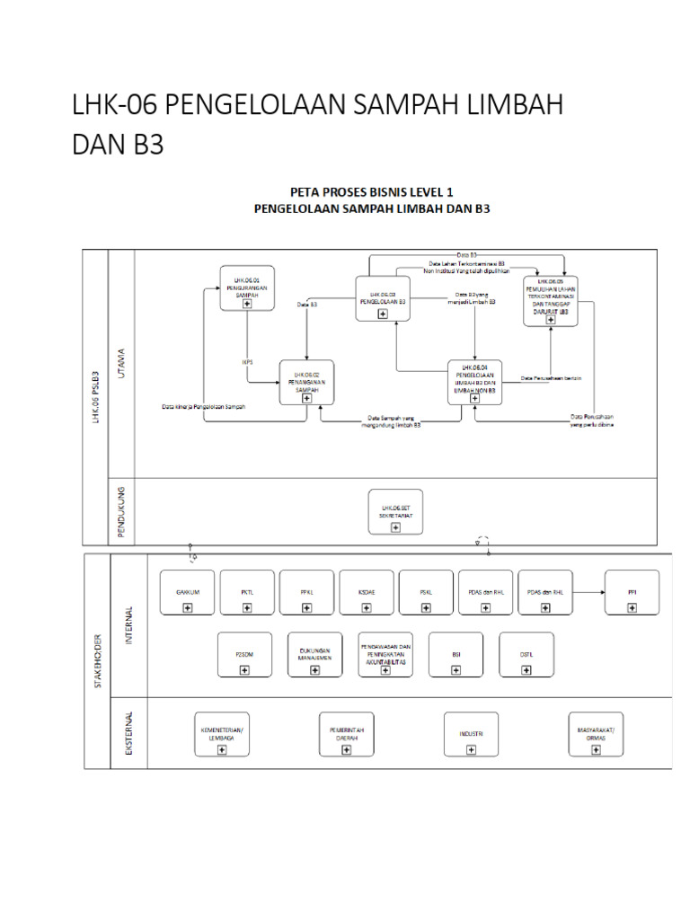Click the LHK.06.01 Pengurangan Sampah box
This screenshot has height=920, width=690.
pos(247,288)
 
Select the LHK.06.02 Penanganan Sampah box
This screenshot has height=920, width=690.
pos(306,382)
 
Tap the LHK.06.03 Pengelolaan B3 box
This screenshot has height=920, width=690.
pos(383,298)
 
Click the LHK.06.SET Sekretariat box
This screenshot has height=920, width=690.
pos(395,511)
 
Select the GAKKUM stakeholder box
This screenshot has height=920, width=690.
pos(187,592)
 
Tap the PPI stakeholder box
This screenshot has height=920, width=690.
pos(632,592)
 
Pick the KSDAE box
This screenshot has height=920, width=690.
pos(366,592)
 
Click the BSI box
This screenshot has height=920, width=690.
pos(456,655)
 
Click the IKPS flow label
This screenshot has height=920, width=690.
pos(247,361)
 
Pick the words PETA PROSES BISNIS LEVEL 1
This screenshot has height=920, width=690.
pos(371,191)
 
